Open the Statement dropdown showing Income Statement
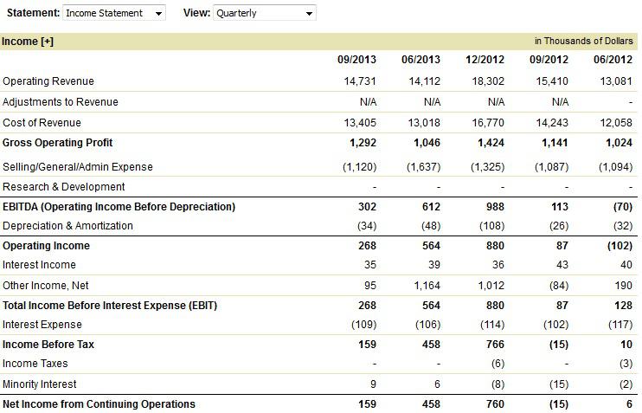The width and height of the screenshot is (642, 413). click(x=114, y=13)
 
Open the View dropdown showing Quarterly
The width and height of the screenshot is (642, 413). click(x=264, y=13)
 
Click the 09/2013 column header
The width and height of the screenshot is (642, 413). click(x=357, y=60)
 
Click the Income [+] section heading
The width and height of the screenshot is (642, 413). click(x=28, y=41)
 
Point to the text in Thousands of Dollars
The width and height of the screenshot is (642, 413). click(x=584, y=41)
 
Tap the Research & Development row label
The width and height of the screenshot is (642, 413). click(x=64, y=187)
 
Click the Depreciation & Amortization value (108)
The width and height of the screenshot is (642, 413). click(x=489, y=226)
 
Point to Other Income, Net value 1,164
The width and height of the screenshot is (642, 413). click(x=424, y=286)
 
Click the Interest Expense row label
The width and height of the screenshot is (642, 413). click(x=42, y=325)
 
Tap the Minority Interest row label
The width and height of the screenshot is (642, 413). click(x=40, y=384)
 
